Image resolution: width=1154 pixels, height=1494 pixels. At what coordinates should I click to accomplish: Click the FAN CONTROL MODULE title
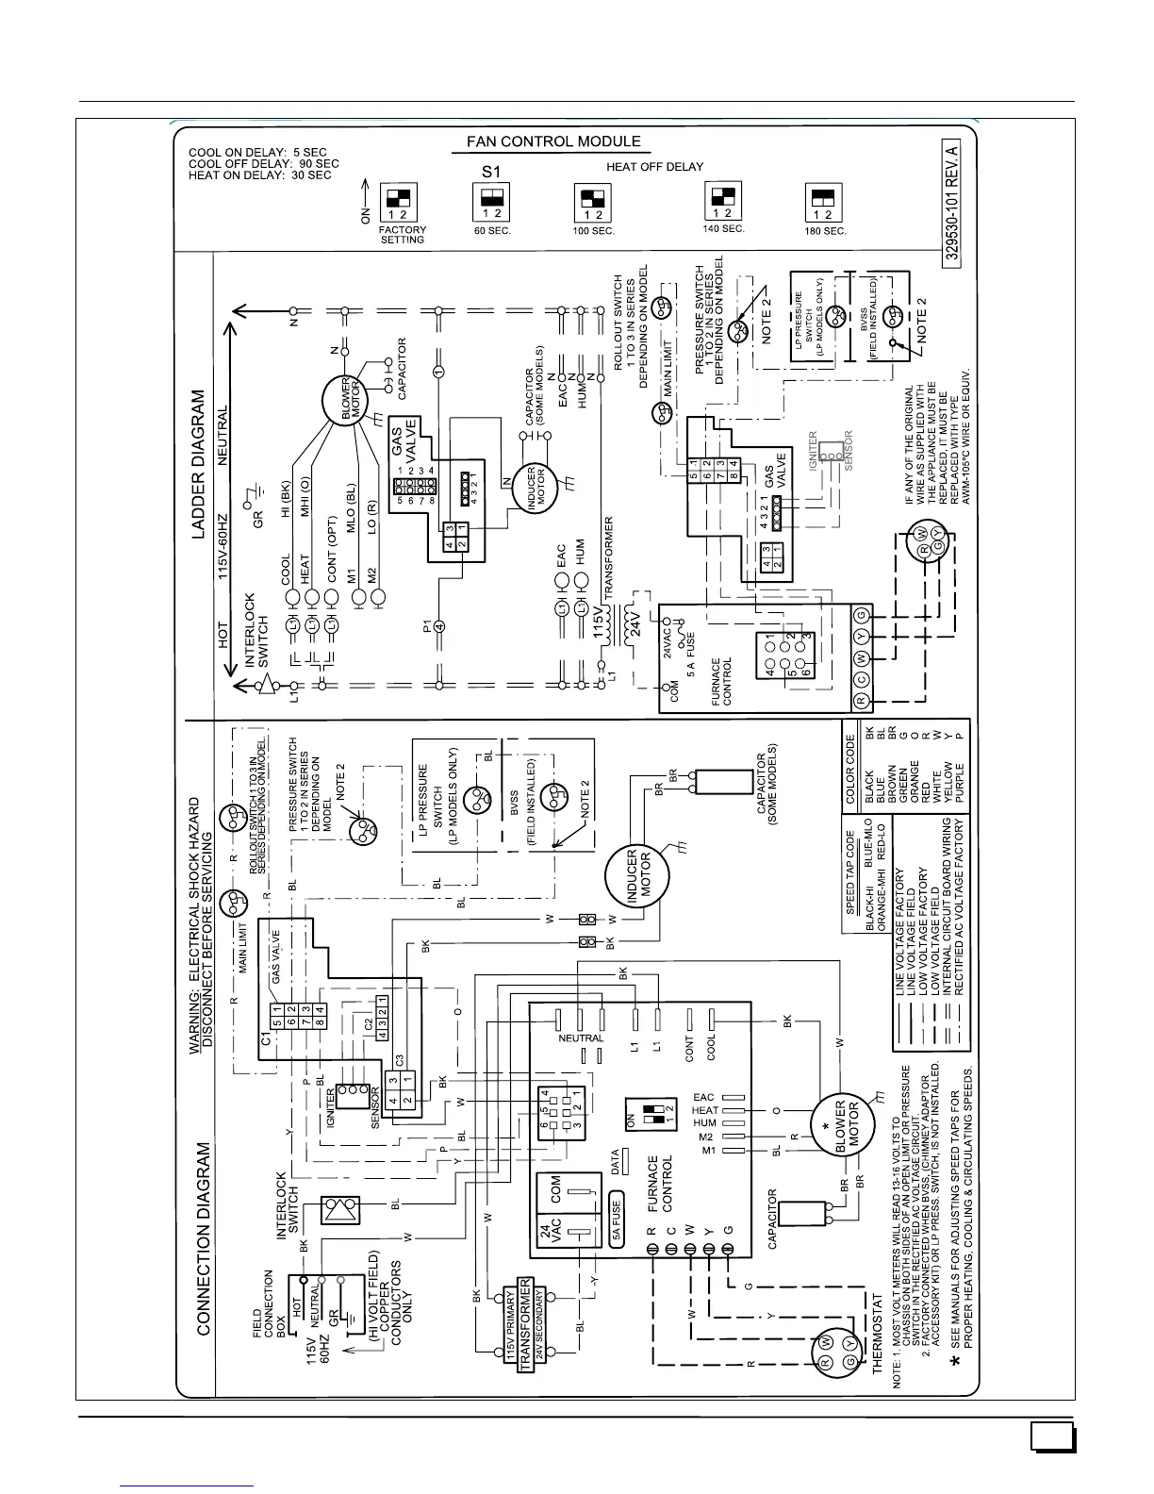point(553,141)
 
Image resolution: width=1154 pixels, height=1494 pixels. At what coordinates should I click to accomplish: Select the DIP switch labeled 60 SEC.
point(490,201)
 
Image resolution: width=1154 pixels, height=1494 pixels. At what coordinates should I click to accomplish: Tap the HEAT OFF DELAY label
point(654,166)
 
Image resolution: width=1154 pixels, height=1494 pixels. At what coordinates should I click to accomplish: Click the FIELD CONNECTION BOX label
point(268,1304)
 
